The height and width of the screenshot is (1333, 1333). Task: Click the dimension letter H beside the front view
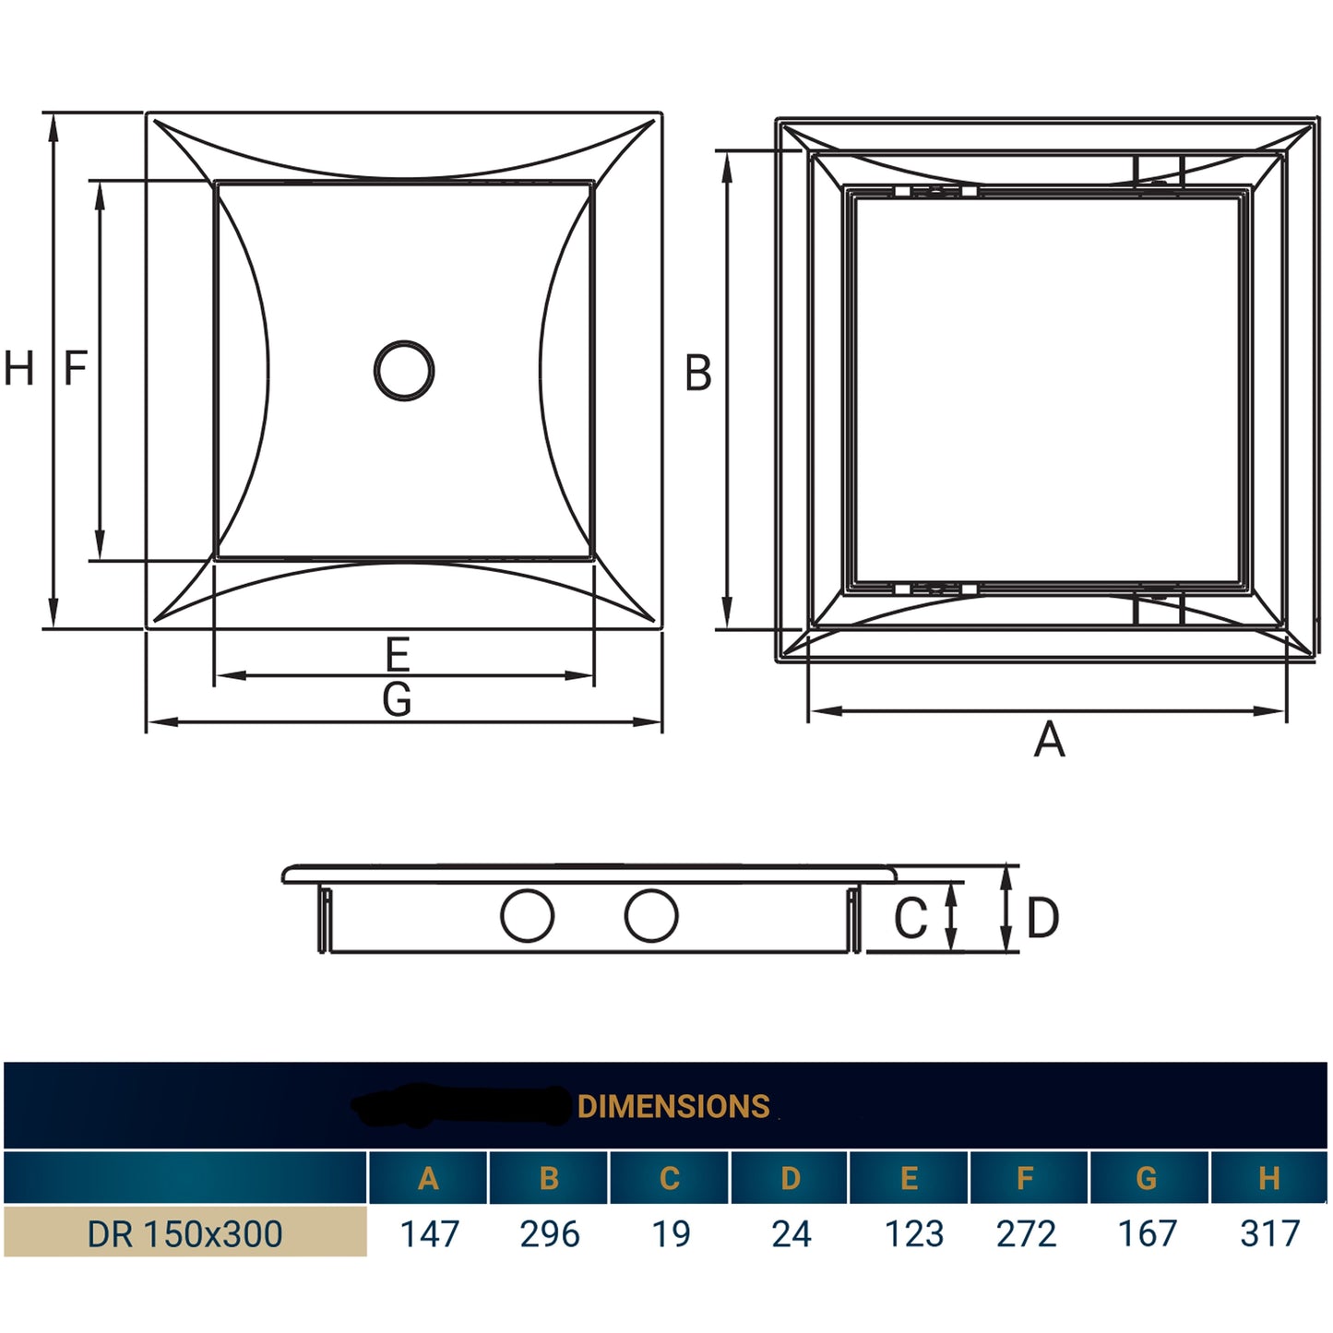(19, 369)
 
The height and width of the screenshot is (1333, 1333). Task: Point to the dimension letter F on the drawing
(76, 369)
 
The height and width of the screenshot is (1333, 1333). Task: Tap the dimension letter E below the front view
(398, 655)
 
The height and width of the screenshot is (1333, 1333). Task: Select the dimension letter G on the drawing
(398, 700)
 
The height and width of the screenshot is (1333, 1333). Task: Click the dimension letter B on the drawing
(698, 375)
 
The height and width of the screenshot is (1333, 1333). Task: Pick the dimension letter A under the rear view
(1049, 741)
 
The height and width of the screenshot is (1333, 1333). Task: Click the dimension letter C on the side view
(910, 919)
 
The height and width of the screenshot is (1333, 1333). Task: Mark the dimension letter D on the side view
(1042, 919)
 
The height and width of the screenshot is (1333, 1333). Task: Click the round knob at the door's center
(404, 371)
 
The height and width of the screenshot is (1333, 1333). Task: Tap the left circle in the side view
(527, 916)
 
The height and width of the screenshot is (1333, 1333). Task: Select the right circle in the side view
(651, 916)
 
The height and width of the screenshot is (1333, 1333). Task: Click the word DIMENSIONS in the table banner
(673, 1107)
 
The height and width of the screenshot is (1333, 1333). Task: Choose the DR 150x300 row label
(184, 1234)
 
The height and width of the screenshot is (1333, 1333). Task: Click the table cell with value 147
(429, 1234)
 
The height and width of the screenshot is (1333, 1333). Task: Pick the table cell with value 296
(550, 1234)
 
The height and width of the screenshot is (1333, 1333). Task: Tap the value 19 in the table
(671, 1234)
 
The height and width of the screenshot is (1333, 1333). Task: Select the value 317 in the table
(1269, 1234)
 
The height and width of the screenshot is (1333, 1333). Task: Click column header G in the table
(1147, 1179)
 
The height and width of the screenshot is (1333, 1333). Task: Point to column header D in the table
(791, 1179)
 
